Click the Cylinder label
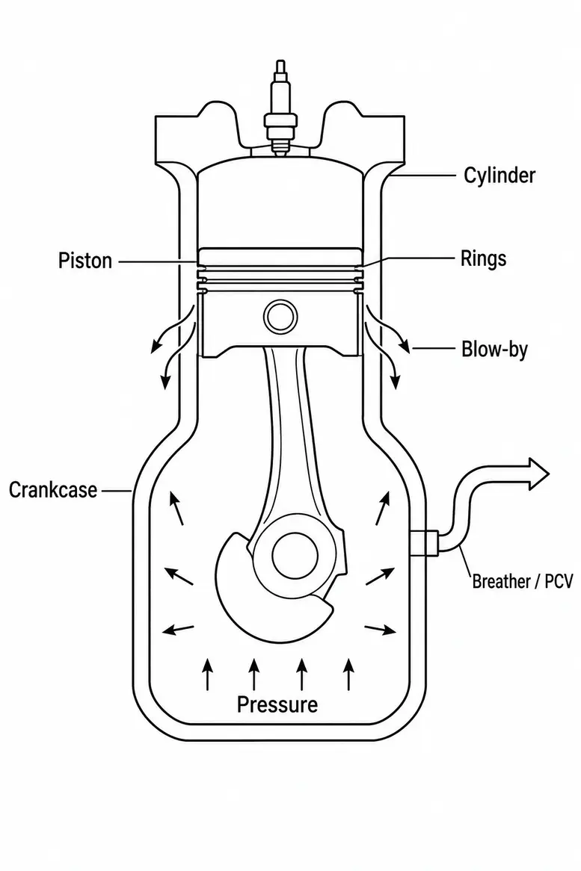pyautogui.click(x=499, y=176)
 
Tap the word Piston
pyautogui.click(x=85, y=261)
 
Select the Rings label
pyautogui.click(x=483, y=259)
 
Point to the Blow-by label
pyautogui.click(x=494, y=350)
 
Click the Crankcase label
pyautogui.click(x=53, y=490)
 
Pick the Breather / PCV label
pyautogui.click(x=522, y=582)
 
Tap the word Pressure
pyautogui.click(x=277, y=704)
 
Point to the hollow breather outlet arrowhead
pyautogui.click(x=537, y=474)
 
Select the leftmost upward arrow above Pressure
pyautogui.click(x=207, y=674)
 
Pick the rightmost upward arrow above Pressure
pyautogui.click(x=348, y=674)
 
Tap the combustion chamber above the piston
pyautogui.click(x=280, y=205)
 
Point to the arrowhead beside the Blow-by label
pyautogui.click(x=405, y=347)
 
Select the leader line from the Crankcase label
pyautogui.click(x=116, y=491)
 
